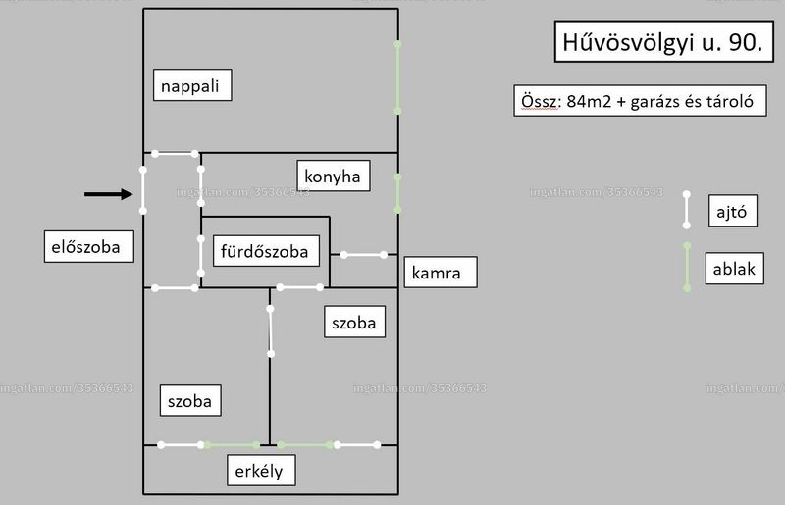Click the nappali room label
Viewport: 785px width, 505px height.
click(192, 85)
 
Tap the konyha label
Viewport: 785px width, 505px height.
click(334, 176)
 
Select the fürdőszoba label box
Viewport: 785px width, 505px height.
click(266, 251)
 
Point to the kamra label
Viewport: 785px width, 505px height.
click(441, 273)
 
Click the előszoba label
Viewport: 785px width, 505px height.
click(89, 246)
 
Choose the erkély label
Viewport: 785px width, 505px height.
click(261, 471)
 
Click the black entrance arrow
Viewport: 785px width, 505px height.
click(108, 194)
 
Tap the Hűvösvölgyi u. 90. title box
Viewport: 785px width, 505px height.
click(664, 41)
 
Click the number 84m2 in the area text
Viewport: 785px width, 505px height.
click(589, 102)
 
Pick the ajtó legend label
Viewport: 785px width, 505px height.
click(732, 211)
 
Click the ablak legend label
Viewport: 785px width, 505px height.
click(734, 269)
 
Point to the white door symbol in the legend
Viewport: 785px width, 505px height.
click(686, 210)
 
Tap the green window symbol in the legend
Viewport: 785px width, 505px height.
click(687, 267)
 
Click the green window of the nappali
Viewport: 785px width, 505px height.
click(397, 77)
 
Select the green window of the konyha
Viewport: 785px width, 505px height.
click(397, 193)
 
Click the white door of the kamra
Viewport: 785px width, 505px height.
click(363, 255)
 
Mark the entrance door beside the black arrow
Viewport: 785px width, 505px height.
click(142, 190)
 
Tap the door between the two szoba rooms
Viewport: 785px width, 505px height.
click(271, 331)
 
